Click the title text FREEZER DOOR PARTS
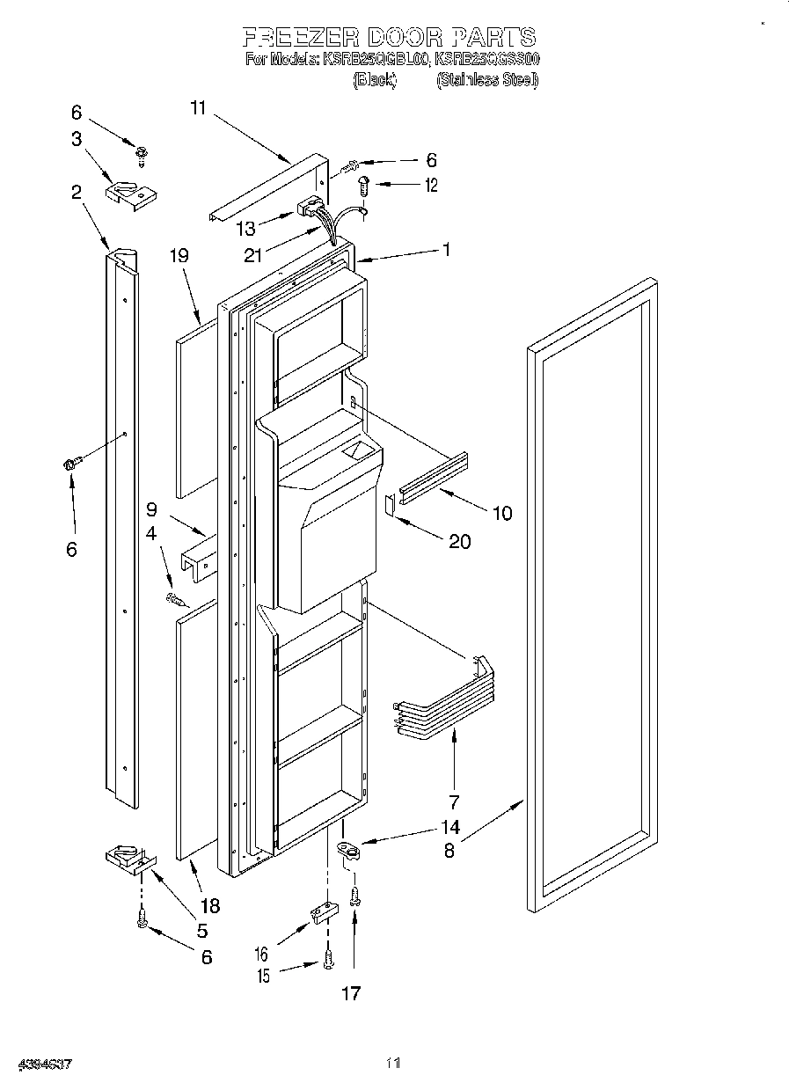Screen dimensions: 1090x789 388,37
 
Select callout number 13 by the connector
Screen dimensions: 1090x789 246,229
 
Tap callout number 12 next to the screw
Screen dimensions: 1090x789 429,186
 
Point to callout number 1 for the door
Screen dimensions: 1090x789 446,250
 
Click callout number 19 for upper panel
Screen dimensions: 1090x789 179,256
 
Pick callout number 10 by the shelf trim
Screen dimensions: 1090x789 501,513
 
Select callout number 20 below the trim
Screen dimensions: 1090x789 459,541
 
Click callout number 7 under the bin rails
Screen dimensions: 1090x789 454,801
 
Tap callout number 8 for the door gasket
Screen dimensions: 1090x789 449,852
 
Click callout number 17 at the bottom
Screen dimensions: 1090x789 351,993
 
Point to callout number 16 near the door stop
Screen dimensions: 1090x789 261,954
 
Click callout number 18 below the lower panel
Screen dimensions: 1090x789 209,904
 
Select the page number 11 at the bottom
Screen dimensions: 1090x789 393,1064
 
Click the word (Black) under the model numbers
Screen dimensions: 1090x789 375,80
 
